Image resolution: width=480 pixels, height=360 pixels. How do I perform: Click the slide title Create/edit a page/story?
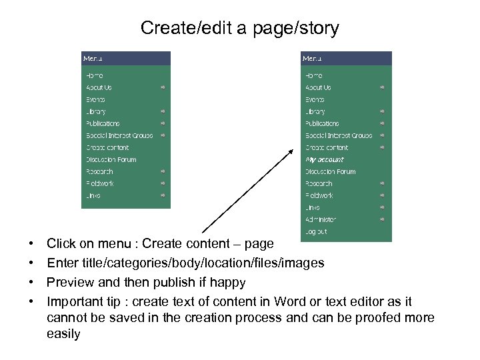point(240,28)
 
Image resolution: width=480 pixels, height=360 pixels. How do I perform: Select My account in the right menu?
point(325,160)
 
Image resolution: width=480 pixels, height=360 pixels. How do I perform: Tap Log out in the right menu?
point(316,231)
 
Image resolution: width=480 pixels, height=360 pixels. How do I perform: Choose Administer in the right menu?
point(321,219)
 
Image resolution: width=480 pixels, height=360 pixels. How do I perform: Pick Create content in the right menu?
point(327,147)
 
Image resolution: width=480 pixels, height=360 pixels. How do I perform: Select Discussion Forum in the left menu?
point(111,160)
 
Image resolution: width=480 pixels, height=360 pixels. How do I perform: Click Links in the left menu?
point(93,195)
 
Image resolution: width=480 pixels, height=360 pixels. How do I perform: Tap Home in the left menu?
point(94,76)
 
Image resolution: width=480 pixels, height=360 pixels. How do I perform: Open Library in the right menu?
point(315,112)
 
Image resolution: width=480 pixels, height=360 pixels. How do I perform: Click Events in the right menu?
point(315,100)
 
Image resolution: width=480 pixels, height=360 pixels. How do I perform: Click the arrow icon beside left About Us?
point(163,87)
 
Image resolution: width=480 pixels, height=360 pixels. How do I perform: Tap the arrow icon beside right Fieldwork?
point(383,195)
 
